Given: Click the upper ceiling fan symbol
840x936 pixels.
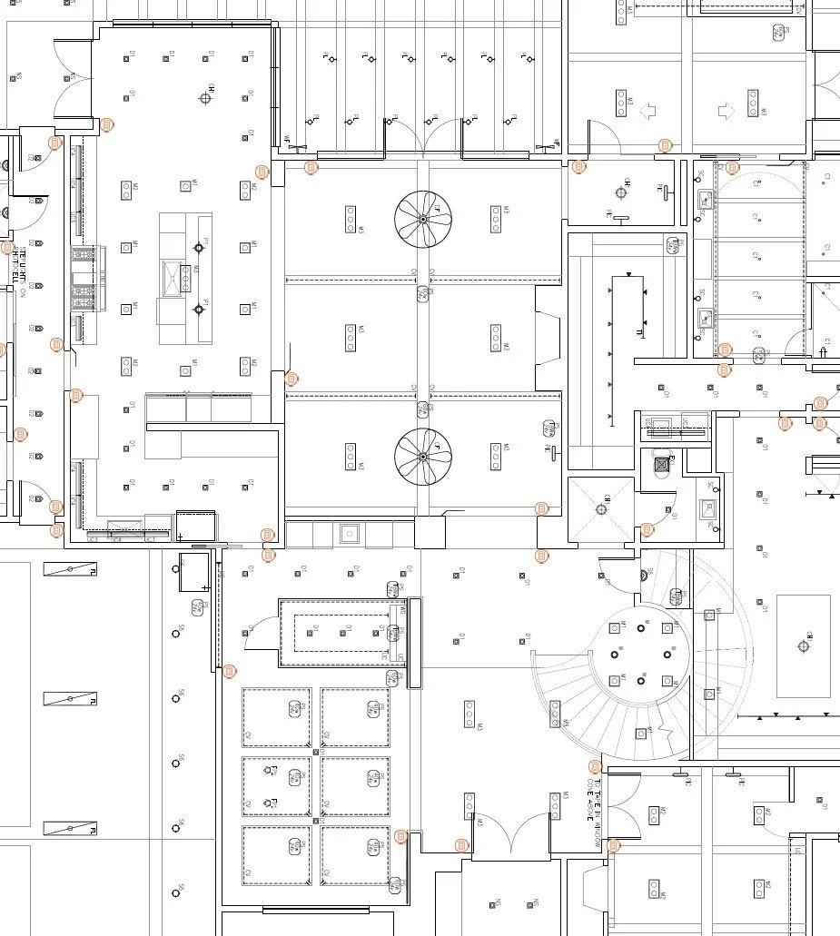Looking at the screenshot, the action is (x=423, y=219).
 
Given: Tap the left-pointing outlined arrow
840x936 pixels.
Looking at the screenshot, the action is (x=648, y=112).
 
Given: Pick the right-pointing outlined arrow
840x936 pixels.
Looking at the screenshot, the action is (x=726, y=112).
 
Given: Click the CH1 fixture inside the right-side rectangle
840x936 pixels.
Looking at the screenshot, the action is (x=803, y=646).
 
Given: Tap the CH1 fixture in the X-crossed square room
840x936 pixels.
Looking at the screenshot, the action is (x=601, y=509).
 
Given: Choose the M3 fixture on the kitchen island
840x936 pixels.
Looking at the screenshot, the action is (x=185, y=274).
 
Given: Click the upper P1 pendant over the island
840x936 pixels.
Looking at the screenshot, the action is (x=199, y=246).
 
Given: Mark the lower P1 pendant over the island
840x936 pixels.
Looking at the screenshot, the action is (x=199, y=310).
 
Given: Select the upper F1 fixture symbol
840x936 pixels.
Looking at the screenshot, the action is (x=269, y=771).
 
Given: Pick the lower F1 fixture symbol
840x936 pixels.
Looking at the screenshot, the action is (x=269, y=803).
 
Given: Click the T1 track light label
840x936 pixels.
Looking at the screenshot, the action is (x=640, y=333).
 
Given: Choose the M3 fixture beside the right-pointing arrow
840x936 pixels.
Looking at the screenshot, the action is (x=753, y=102).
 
